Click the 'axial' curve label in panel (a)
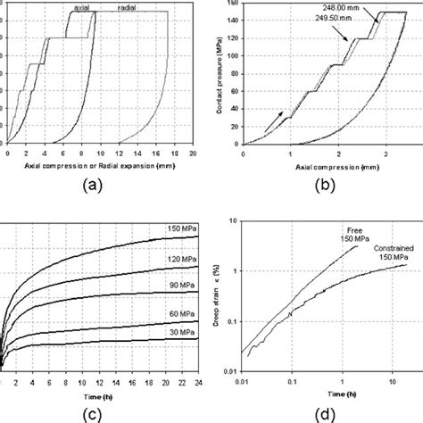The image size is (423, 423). coord(81,8)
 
